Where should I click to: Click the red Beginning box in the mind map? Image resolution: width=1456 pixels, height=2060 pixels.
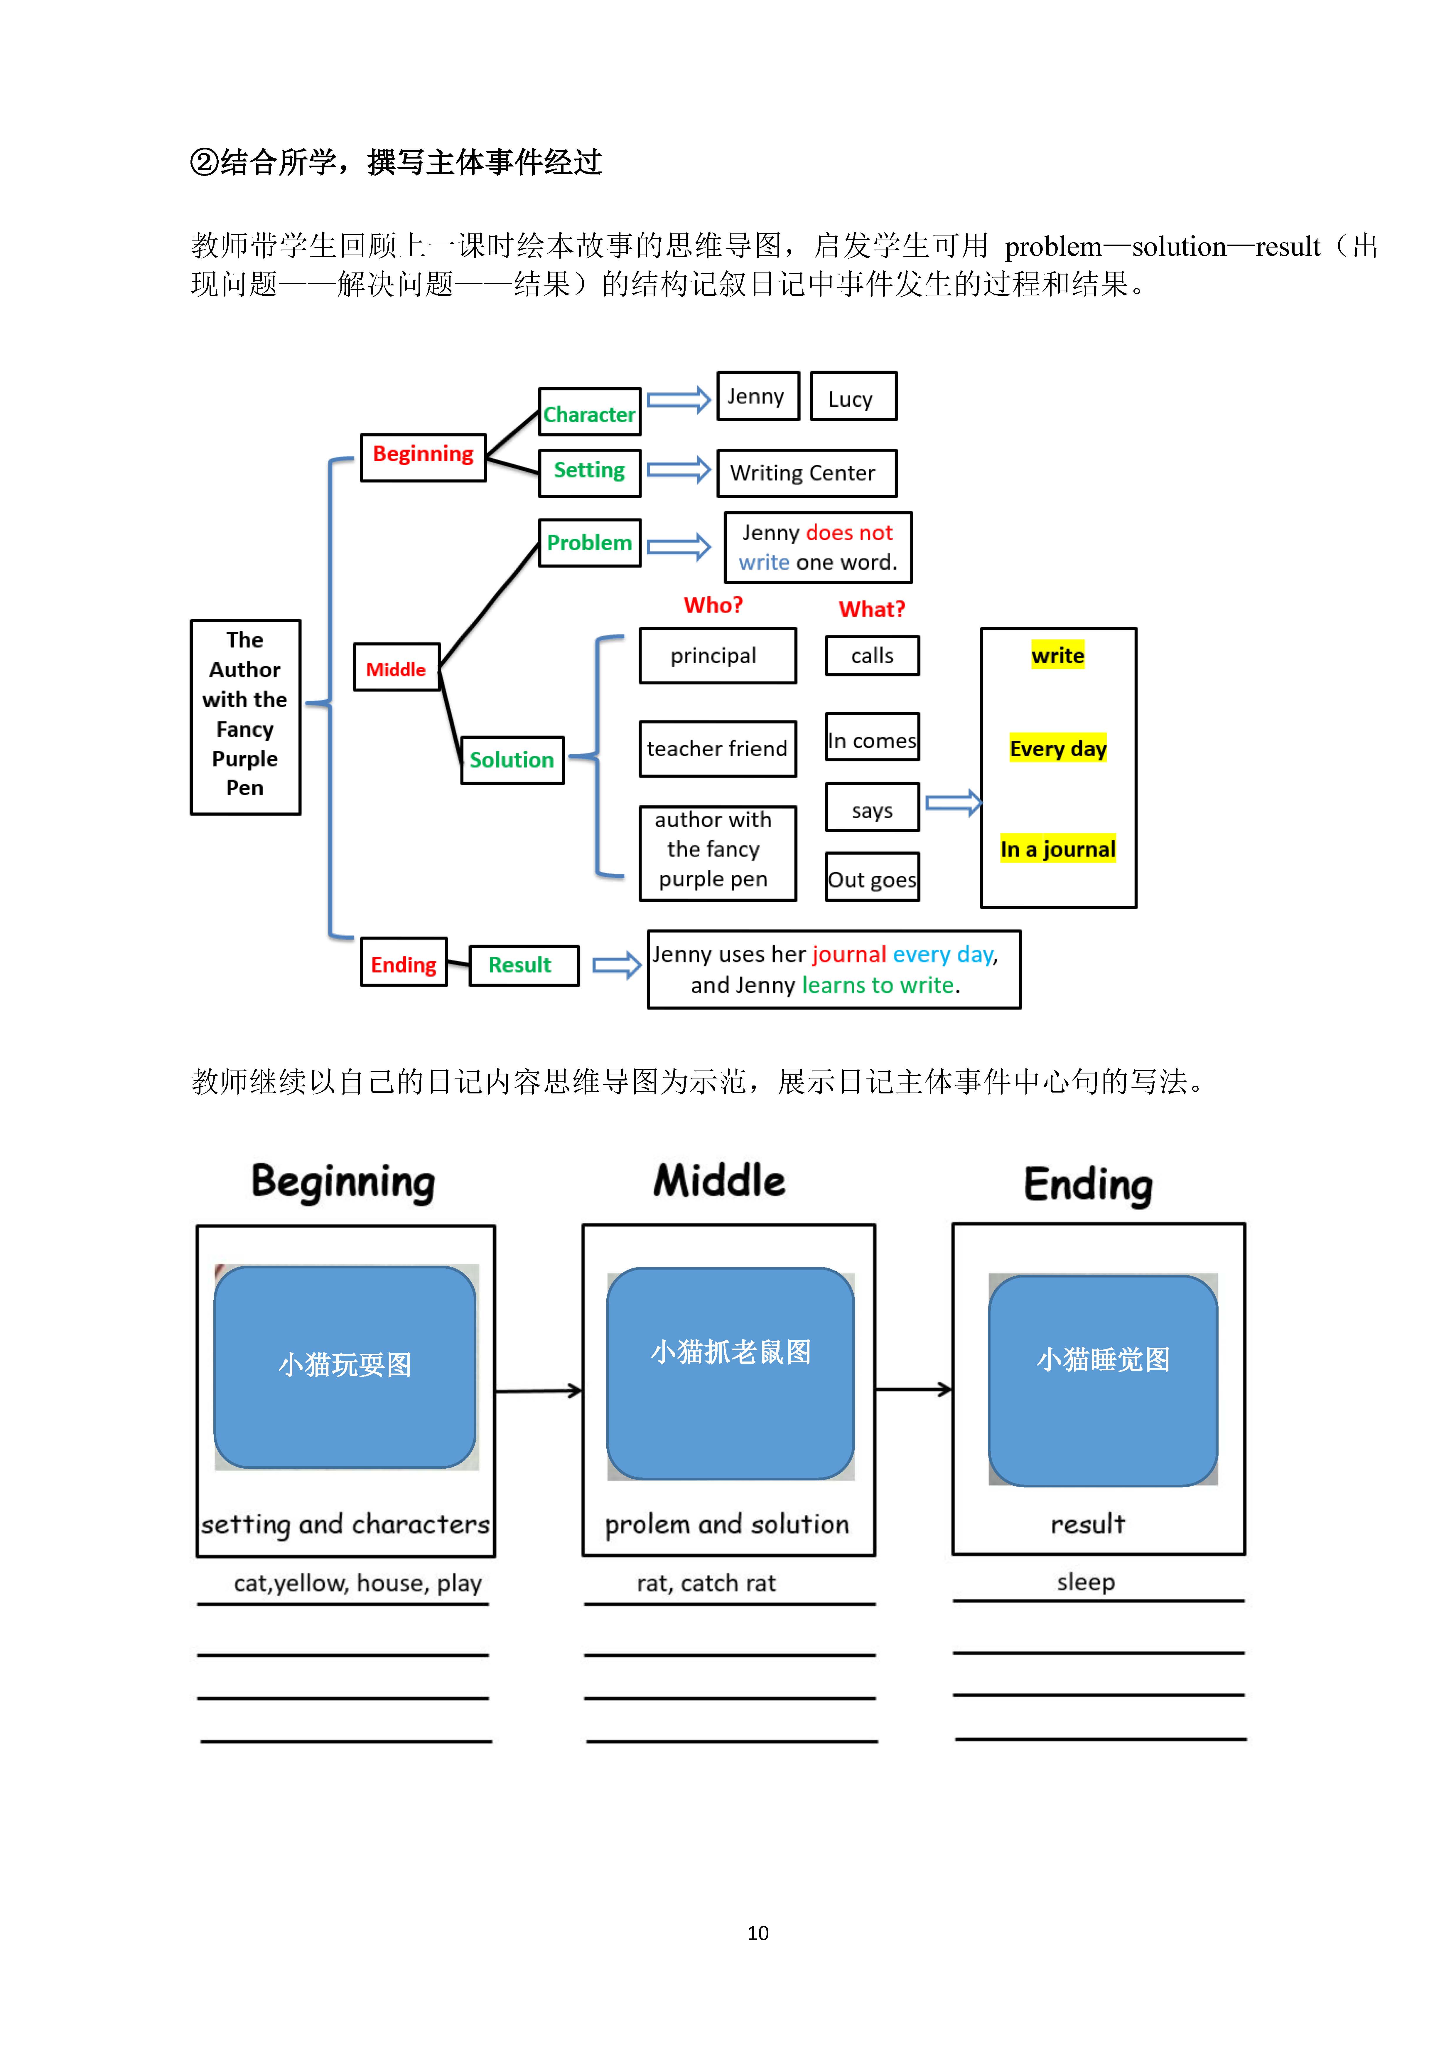point(423,457)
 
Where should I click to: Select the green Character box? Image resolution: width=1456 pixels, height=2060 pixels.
point(589,412)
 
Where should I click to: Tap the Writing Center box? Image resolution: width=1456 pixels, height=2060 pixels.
point(807,473)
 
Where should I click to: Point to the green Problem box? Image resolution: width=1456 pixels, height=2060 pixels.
point(589,543)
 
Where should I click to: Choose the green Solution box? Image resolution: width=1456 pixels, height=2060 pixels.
point(512,760)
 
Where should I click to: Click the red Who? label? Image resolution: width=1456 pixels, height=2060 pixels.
point(713,606)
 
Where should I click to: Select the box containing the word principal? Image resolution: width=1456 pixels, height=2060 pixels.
point(718,656)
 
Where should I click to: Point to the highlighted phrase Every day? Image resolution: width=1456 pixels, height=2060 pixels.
point(1058,748)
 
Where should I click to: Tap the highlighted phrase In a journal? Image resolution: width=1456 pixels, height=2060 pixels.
point(1058,849)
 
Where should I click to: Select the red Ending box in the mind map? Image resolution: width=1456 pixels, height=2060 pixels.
point(404,962)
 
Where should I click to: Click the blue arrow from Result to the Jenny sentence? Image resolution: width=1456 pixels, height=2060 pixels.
point(616,965)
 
